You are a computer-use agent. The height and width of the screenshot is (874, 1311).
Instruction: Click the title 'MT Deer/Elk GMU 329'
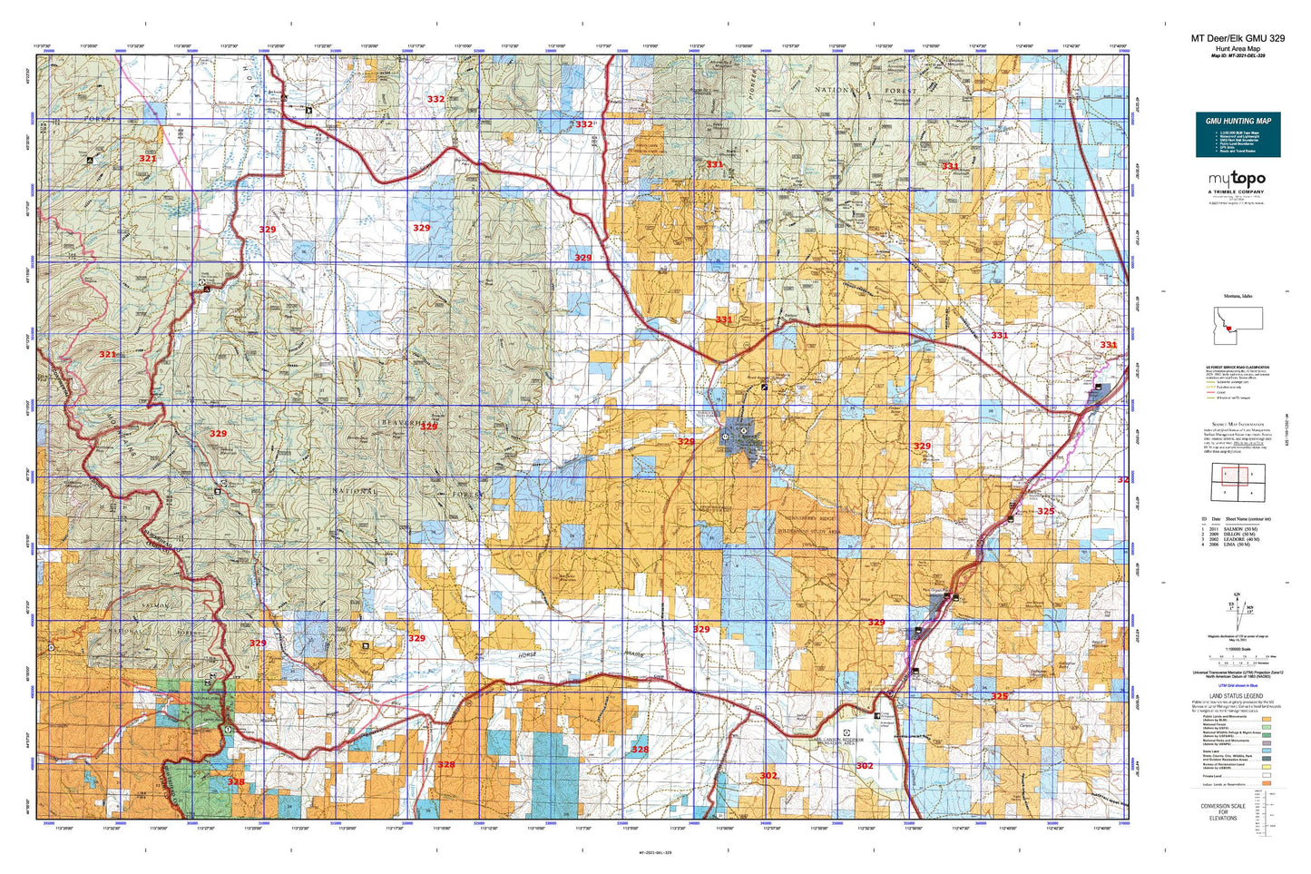point(1238,38)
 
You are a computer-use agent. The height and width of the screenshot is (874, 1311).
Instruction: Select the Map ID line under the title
point(1238,55)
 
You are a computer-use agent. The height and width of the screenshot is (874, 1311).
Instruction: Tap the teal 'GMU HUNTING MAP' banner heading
point(1238,121)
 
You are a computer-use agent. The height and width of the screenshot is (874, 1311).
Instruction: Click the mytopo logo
point(1238,180)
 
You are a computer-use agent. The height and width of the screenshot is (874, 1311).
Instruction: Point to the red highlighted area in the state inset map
point(1228,329)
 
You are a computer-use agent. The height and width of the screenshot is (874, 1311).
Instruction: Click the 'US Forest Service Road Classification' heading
point(1238,368)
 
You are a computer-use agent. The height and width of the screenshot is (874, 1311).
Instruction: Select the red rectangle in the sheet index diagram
point(1228,474)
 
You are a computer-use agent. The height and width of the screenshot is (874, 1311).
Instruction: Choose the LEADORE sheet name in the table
point(1238,539)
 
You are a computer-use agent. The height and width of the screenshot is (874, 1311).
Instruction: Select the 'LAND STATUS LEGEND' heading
point(1238,696)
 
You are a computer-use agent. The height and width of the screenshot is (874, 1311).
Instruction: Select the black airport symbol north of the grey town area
point(764,386)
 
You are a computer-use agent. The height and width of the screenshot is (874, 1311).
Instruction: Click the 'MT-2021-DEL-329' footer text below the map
point(655,853)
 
